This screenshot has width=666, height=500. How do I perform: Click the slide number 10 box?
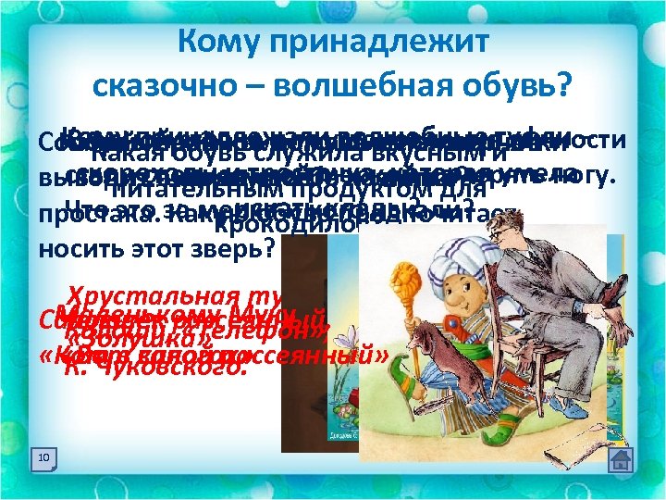[43, 458]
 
